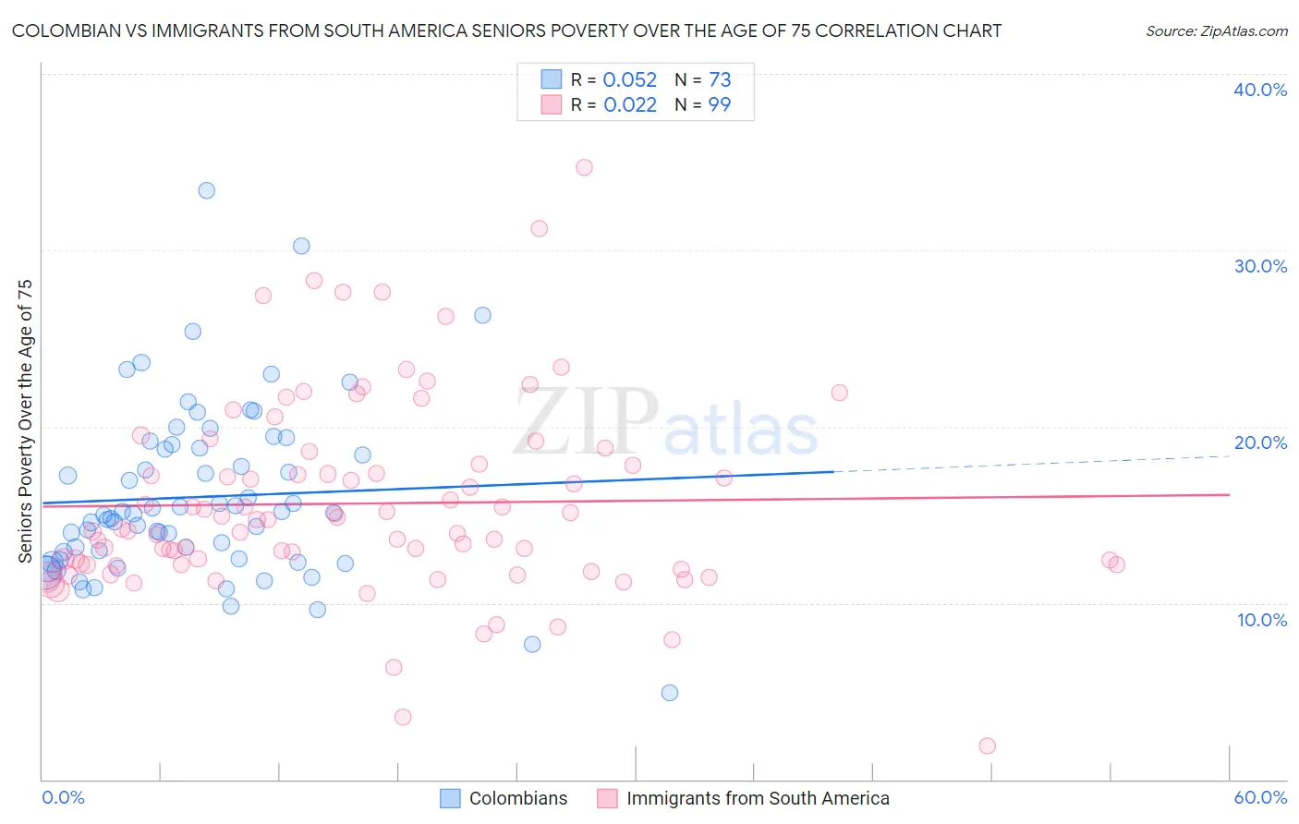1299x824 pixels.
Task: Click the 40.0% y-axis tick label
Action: tap(1260, 90)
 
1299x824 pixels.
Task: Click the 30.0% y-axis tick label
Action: tap(1260, 266)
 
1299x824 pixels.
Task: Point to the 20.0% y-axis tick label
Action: tap(1260, 442)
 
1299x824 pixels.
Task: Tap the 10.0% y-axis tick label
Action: tap(1262, 619)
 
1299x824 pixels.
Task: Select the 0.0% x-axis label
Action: tap(63, 797)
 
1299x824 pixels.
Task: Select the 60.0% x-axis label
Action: tap(1260, 797)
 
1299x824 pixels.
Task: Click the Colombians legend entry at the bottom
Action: tap(518, 798)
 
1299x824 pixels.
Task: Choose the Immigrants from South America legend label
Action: tap(758, 798)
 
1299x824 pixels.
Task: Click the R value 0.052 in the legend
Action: tap(629, 79)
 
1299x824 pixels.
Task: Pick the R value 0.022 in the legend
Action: tap(629, 104)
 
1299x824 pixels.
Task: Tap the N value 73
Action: tap(720, 79)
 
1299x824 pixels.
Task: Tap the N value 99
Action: tap(720, 104)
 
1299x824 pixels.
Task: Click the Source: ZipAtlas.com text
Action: tap(1216, 30)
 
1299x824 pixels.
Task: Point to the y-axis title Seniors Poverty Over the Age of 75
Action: tap(25, 420)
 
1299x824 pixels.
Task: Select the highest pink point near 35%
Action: tap(584, 167)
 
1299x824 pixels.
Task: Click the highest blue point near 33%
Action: tap(207, 190)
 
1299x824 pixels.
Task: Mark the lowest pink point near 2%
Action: tap(987, 745)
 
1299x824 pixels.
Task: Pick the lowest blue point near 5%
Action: tap(670, 693)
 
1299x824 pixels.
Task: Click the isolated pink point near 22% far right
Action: tap(839, 393)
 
